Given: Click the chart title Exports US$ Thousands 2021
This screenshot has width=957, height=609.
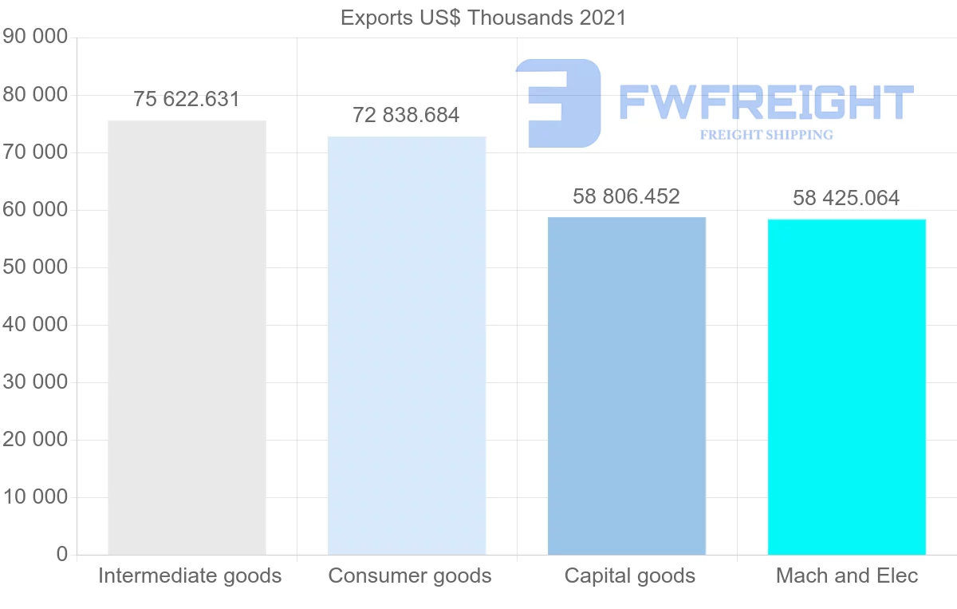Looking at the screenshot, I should (x=483, y=17).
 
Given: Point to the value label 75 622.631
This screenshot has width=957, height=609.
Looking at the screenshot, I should (x=187, y=100).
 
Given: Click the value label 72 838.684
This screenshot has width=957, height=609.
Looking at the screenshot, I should (x=406, y=116).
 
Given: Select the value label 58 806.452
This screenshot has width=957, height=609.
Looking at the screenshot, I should (x=626, y=196).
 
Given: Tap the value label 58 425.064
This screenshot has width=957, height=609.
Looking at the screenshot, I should (x=846, y=198).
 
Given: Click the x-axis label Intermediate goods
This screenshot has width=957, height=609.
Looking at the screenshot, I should (x=190, y=575).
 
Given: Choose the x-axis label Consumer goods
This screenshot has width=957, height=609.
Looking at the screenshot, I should (x=410, y=575).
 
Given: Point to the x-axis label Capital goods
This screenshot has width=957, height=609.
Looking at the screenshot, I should (x=630, y=575).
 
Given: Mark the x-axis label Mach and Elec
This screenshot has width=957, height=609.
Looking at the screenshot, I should (x=847, y=575).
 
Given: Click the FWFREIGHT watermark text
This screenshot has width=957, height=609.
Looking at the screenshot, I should (x=766, y=102).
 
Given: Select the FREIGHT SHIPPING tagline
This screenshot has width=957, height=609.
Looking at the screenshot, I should (x=766, y=135).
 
